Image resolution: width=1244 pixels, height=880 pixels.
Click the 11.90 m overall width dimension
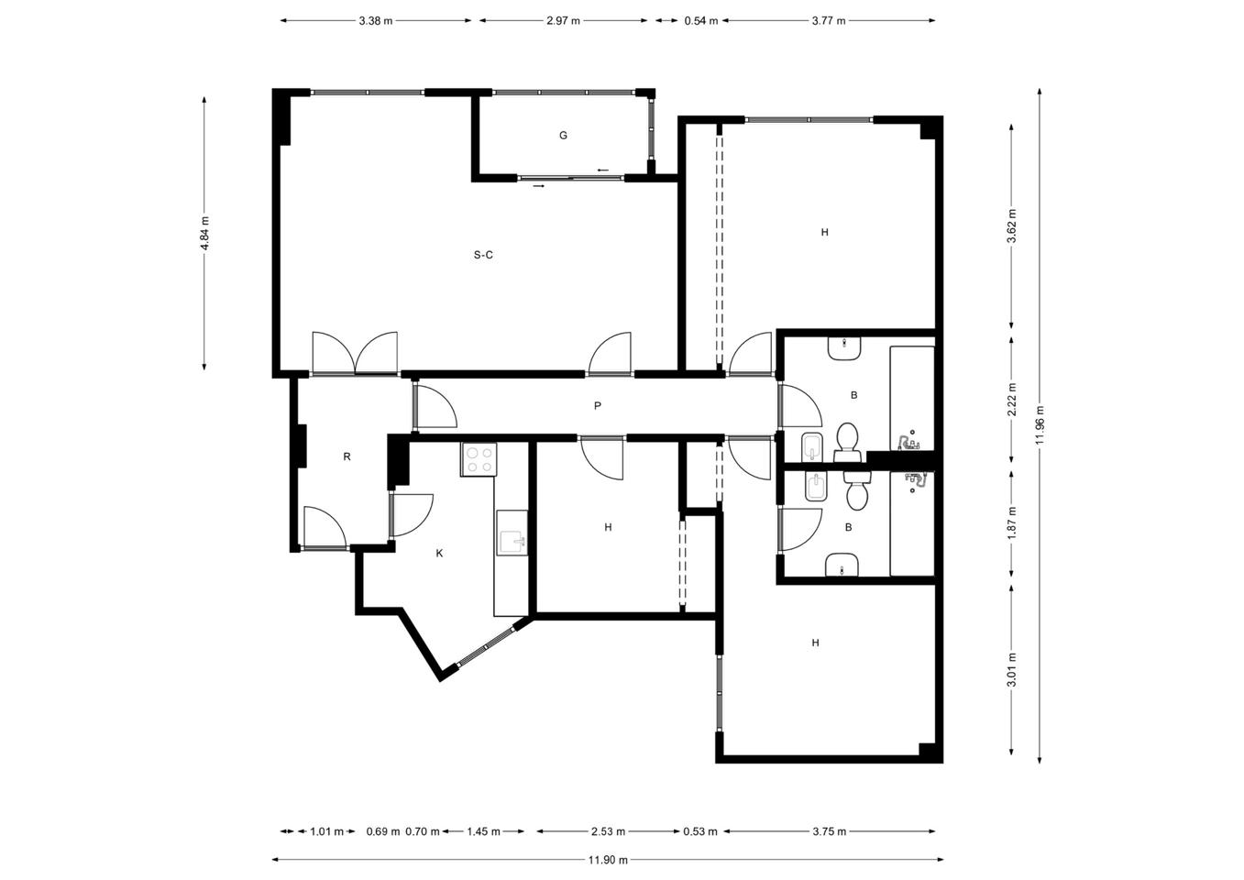pos(608,860)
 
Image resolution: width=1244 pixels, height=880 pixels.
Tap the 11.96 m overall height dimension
pos(1040,425)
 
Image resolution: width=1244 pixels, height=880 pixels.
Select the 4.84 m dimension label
pos(205,233)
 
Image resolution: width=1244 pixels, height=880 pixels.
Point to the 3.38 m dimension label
pos(376,21)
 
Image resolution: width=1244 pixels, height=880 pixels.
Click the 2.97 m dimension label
pos(563,21)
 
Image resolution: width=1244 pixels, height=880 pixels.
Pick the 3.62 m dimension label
pos(1012,226)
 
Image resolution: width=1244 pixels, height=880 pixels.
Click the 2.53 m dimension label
pos(608,831)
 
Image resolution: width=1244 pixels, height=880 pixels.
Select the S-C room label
pos(483,255)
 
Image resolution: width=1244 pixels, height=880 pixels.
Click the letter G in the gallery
pos(563,135)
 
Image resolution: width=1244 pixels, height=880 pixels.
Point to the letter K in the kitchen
pos(439,553)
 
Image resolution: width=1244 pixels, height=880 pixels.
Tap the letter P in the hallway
pos(598,406)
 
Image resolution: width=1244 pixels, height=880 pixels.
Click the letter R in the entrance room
pos(347,456)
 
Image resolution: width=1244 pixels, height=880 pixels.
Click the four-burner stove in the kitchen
pos(479,459)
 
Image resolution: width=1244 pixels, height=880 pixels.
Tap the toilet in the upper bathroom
pos(847,443)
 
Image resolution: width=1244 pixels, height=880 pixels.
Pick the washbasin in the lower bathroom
pos(842,565)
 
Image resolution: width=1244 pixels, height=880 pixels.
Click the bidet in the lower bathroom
pos(815,488)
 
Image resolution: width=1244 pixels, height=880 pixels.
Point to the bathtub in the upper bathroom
pos(912,400)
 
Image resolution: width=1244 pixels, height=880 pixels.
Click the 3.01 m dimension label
pos(1012,669)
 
